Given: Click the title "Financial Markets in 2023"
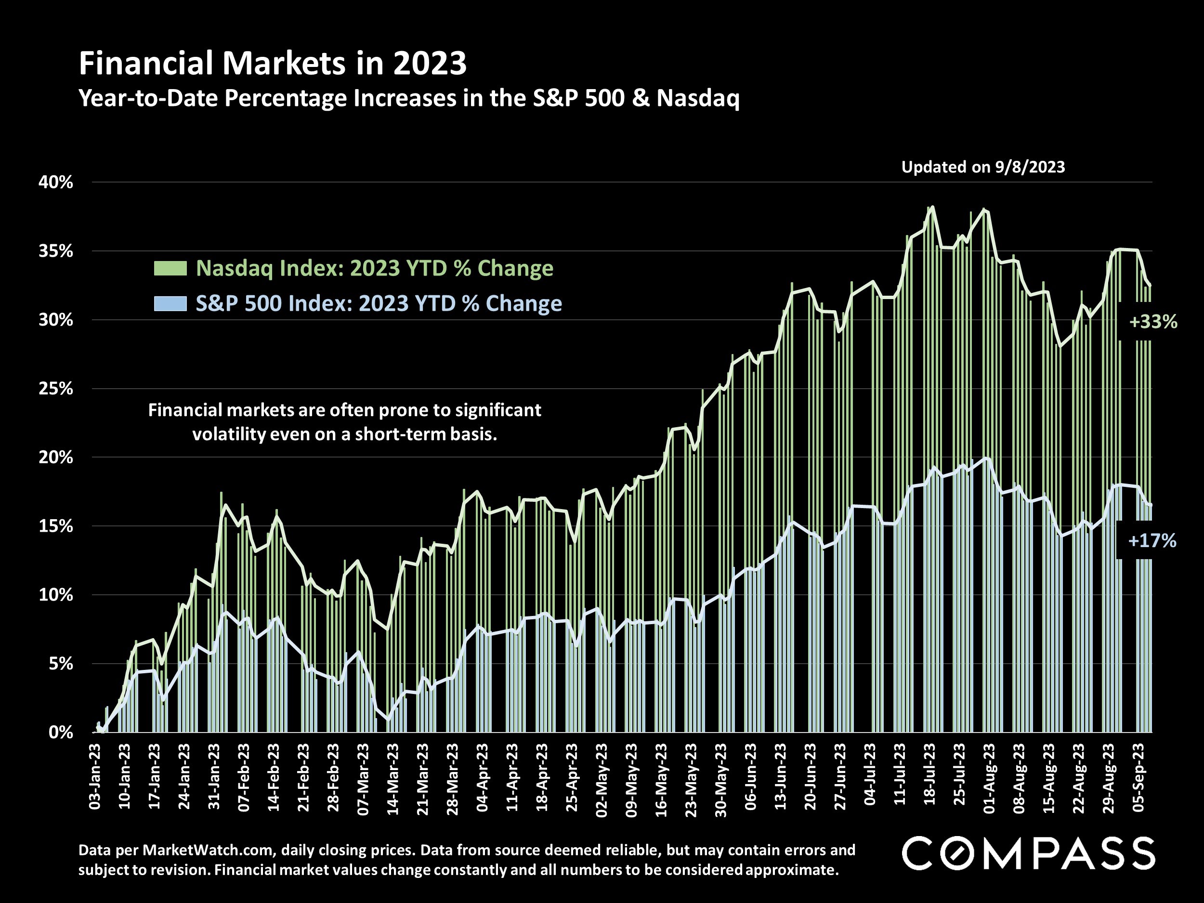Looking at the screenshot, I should tap(273, 64).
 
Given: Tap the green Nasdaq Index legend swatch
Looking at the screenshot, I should tap(170, 268).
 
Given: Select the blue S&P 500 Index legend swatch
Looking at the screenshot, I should tap(170, 303).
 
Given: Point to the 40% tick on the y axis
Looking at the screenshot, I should tap(55, 183).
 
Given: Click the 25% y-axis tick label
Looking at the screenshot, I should tap(55, 389).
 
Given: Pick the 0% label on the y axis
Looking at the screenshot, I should tap(60, 733).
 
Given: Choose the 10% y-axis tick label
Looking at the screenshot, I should tap(55, 595).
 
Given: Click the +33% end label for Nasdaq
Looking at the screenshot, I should tap(1153, 322).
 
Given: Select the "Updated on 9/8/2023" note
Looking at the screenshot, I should tap(983, 167).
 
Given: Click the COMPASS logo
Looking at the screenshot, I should tap(1028, 853).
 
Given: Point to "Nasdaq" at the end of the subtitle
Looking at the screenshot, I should tap(698, 99).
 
